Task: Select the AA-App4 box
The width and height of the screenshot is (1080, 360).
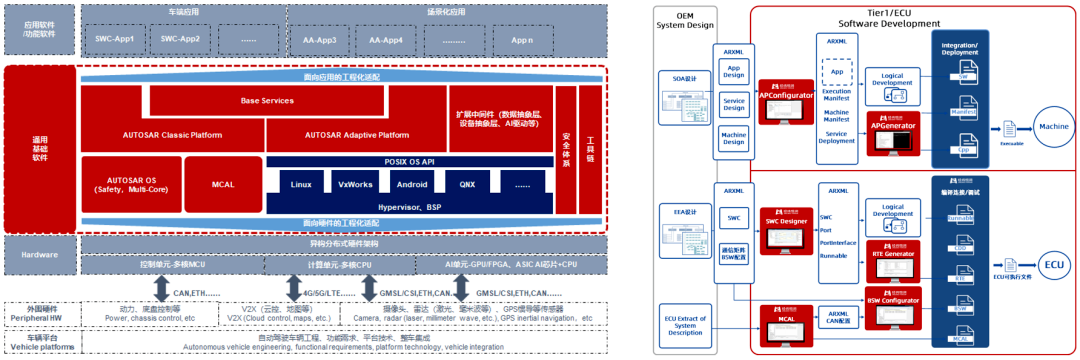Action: pos(385,39)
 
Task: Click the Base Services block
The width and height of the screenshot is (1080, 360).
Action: pos(268,101)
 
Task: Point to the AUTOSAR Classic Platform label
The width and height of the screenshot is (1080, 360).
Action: pos(171,135)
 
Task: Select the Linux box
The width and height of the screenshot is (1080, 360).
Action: pos(301,185)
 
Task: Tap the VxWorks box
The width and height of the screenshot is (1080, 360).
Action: pos(355,185)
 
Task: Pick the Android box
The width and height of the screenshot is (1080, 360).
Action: pos(411,185)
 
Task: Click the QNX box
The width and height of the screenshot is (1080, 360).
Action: pos(467,185)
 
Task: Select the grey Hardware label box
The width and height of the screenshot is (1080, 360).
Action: pos(41,255)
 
